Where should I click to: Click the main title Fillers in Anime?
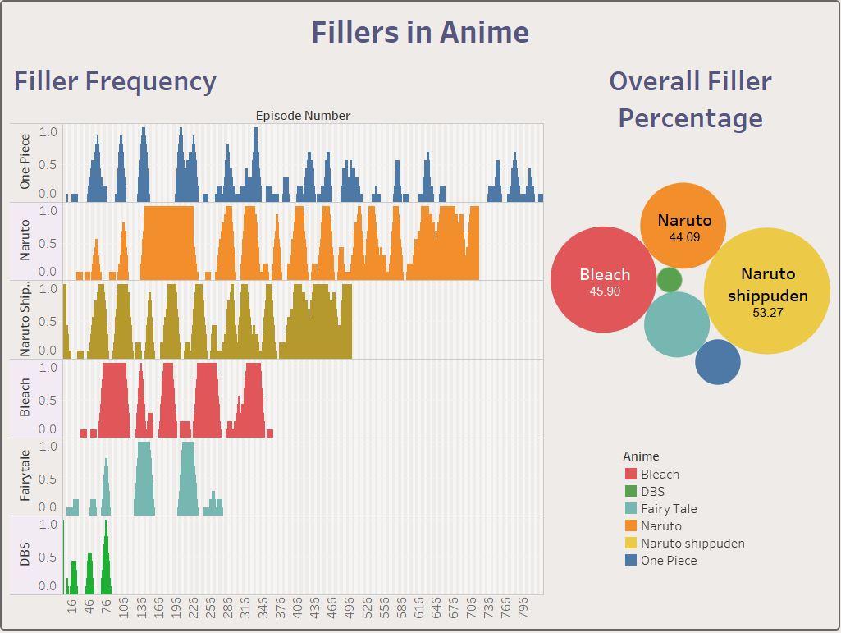419,32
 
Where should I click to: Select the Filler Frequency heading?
115,81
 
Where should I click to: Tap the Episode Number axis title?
303,116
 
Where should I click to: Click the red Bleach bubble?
604,279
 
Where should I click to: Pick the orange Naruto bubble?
683,226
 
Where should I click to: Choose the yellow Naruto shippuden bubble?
767,291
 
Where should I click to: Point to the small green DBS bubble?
670,280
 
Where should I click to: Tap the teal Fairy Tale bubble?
676,324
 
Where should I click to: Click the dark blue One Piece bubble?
718,362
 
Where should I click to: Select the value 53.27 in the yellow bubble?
767,313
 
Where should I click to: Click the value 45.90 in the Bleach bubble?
605,291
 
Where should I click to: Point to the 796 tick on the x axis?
526,611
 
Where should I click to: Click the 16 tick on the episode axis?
72,607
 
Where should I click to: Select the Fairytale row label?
25,475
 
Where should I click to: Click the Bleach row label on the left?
25,397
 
